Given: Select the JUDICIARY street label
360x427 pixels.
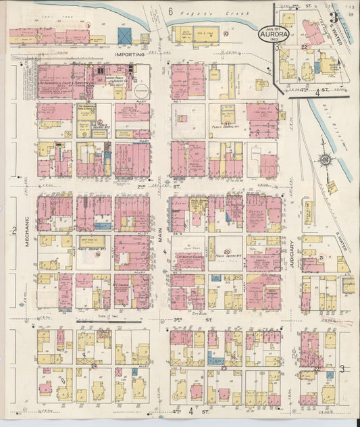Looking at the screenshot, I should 292,255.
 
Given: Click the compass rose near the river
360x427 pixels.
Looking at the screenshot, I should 325,159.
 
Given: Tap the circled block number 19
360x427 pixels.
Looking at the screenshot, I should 97,254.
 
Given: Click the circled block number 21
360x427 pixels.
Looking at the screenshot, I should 322,258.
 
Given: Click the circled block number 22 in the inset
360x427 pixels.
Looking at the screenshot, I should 304,47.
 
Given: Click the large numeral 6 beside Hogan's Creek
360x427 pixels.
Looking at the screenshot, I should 171,11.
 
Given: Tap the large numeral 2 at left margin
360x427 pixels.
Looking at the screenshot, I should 13,231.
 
